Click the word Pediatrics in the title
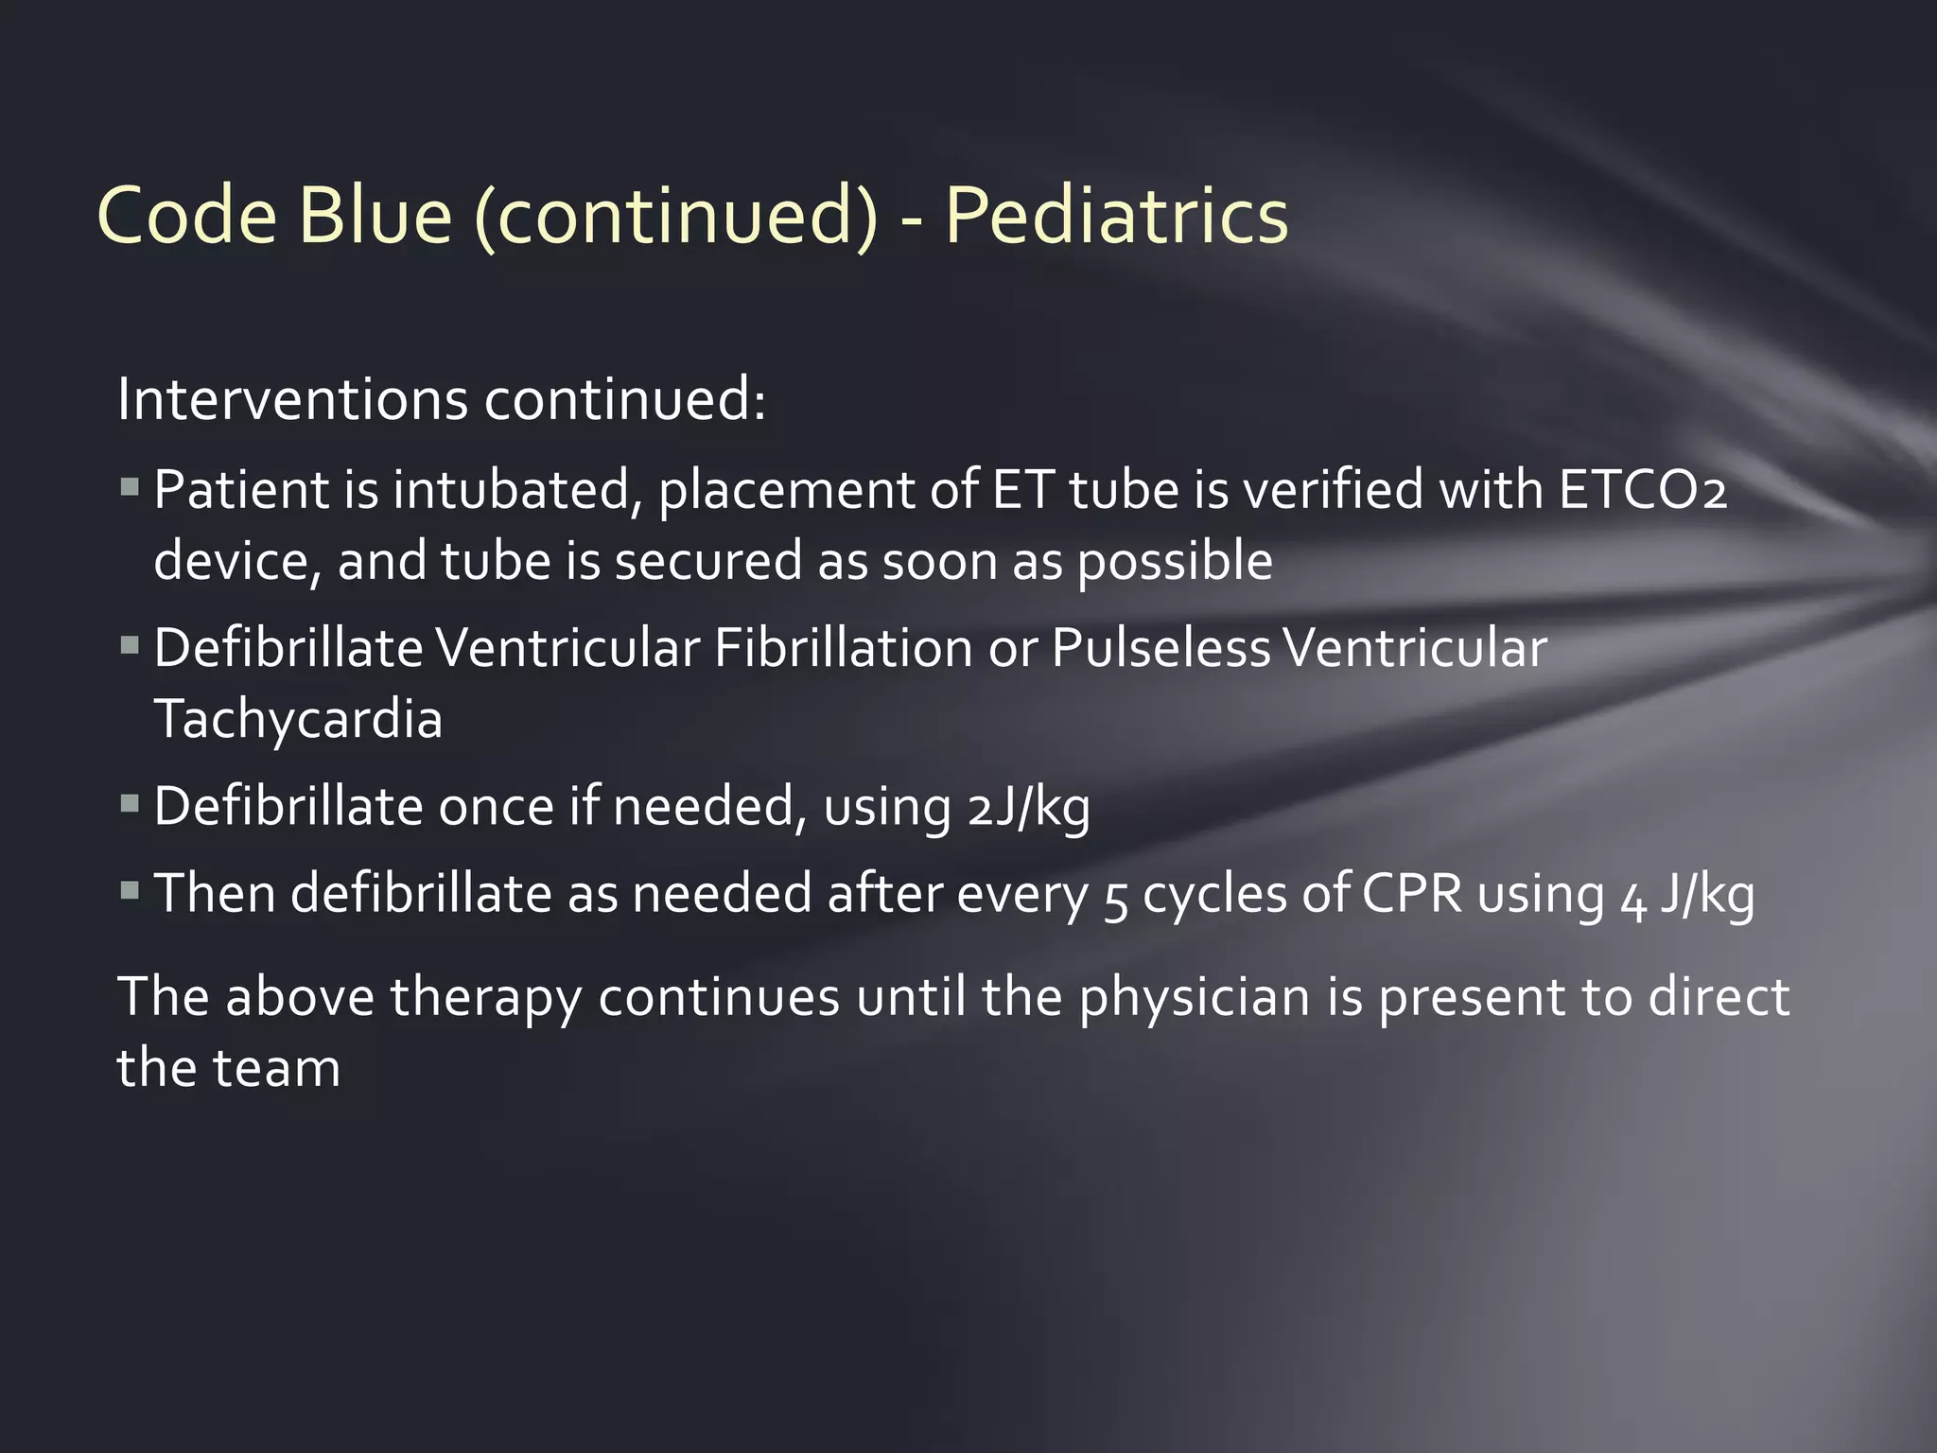[x=1116, y=216]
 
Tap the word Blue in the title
[x=375, y=216]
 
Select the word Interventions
[x=292, y=399]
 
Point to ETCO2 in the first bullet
[x=1643, y=490]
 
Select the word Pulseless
[x=1160, y=649]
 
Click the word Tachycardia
[x=298, y=719]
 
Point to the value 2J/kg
[x=1029, y=808]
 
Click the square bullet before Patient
[x=131, y=489]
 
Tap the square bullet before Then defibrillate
[x=131, y=891]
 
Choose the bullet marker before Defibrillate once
[x=131, y=805]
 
